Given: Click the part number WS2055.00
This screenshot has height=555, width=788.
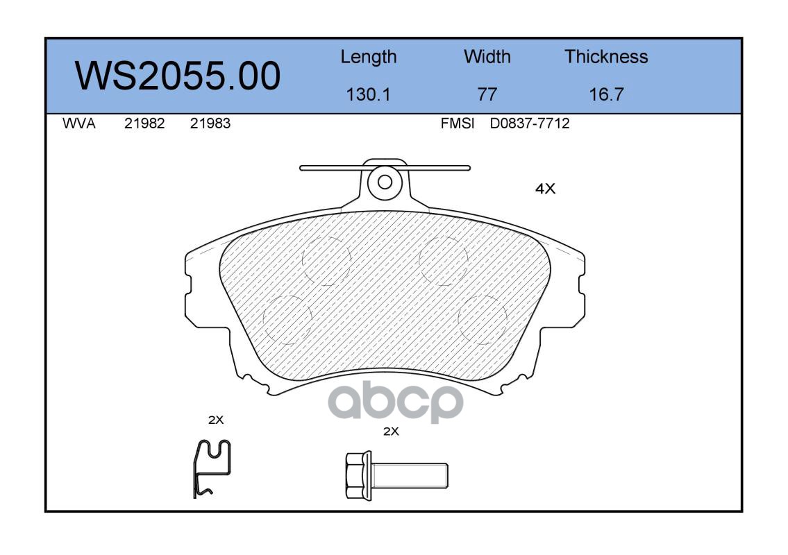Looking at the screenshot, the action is tap(178, 76).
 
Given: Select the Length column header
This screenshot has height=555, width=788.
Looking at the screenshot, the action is tap(369, 58).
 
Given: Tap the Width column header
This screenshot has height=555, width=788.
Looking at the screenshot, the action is tap(487, 56).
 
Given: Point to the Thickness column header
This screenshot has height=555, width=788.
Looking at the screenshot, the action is tap(606, 56).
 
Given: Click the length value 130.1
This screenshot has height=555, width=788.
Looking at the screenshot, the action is tap(369, 94).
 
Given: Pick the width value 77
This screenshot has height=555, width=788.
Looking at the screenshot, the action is tap(487, 94).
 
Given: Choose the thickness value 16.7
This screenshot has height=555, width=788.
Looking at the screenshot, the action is tap(606, 94).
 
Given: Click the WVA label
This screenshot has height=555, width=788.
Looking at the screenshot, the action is tap(79, 123).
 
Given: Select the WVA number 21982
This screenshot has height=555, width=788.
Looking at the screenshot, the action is tap(144, 123).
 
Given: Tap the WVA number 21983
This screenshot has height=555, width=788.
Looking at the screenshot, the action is tap(210, 123).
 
